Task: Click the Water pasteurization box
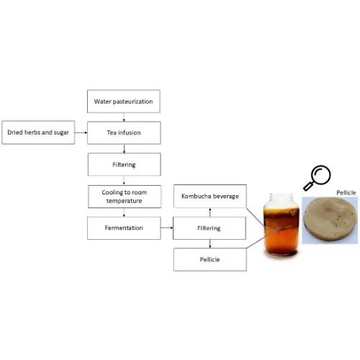tap(124, 102)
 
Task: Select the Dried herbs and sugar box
tap(38, 132)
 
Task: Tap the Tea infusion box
tap(124, 132)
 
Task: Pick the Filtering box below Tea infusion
tap(124, 165)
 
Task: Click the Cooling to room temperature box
tap(125, 197)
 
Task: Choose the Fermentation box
tap(124, 228)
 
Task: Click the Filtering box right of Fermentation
tap(210, 228)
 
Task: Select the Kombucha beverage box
tap(210, 196)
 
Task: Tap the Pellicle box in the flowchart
tap(210, 260)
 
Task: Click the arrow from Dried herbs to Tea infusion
tap(81, 132)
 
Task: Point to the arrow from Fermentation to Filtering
tap(167, 228)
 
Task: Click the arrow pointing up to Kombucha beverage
tap(210, 212)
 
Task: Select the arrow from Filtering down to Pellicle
tap(210, 244)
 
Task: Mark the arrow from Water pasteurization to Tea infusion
tap(124, 117)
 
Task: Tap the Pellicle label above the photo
tap(346, 193)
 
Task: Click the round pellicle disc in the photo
tap(330, 219)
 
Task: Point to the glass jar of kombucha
tap(282, 224)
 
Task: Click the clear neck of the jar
tap(282, 199)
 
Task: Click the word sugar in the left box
tap(61, 132)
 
